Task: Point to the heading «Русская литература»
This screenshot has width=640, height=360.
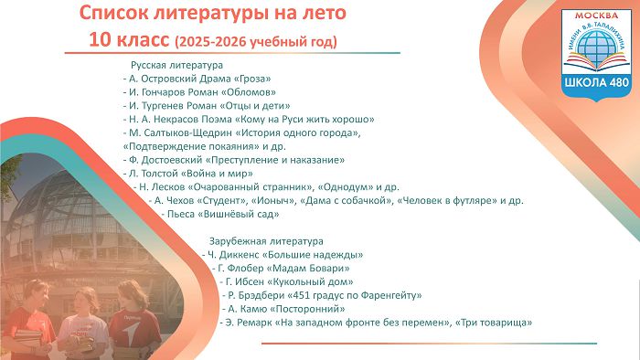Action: point(176,65)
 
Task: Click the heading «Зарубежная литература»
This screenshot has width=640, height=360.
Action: point(266,241)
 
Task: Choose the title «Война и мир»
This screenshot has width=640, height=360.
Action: point(219,174)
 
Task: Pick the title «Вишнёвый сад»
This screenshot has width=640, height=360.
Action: point(239,214)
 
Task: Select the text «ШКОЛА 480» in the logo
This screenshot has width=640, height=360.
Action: point(597,82)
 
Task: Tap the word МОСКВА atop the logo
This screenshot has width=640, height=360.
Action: point(596,16)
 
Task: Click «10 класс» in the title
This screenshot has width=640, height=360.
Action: point(129,40)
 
